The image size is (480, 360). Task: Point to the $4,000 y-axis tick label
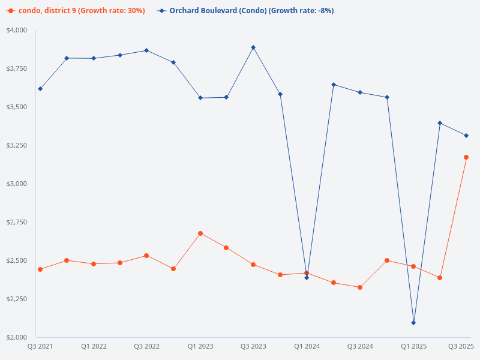17,30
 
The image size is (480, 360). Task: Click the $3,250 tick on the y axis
17,145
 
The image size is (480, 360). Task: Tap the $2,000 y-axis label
17,337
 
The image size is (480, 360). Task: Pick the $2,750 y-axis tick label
17,222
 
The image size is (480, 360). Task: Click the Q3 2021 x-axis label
40,346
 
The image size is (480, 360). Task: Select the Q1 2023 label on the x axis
200,346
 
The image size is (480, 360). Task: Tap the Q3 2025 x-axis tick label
461,346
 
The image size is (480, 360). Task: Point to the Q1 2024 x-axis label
307,346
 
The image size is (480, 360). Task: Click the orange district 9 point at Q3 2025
466,157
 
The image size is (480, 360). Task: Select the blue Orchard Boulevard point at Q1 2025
413,323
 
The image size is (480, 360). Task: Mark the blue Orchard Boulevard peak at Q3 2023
253,47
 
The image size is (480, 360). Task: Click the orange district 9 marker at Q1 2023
200,233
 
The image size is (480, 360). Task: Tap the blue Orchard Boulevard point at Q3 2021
40,89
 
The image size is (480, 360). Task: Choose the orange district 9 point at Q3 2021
40,269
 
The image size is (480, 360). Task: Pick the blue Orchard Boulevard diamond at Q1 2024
307,278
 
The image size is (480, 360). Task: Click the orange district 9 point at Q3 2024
360,287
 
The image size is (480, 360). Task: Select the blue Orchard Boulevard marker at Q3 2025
466,136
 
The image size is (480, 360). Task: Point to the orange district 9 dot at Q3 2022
146,256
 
